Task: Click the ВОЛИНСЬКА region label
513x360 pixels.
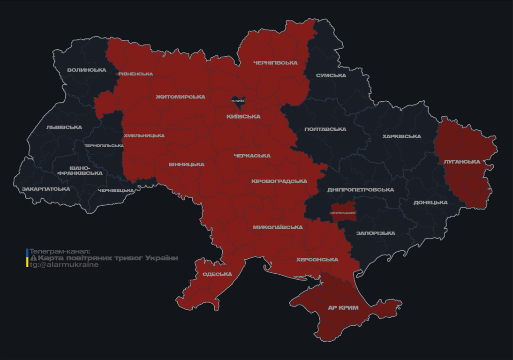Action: coord(86,70)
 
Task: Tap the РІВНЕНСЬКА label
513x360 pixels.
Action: coord(136,74)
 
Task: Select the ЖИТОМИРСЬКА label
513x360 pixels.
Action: coord(181,97)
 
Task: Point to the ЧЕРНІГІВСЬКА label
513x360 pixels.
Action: coord(275,63)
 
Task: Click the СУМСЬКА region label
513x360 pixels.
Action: coord(331,75)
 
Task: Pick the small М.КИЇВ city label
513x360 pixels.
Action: coord(238,101)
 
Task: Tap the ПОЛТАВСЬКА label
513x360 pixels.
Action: coord(325,129)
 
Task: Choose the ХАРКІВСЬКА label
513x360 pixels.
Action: coord(401,136)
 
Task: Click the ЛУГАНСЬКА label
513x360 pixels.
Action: coord(462,162)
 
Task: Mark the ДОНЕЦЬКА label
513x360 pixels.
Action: coord(430,202)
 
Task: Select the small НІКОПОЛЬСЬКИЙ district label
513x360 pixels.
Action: coord(343,213)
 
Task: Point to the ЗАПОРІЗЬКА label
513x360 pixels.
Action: coord(376,233)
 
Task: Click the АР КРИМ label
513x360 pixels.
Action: coord(343,308)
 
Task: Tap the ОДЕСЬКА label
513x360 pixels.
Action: coord(217,274)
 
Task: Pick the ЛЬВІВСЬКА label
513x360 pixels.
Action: coord(64,127)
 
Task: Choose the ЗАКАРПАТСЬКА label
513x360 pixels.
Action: coord(46,189)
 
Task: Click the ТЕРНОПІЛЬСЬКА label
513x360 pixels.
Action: coord(104,146)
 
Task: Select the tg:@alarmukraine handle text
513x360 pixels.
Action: coord(64,265)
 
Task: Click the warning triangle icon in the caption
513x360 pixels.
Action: coord(33,258)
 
